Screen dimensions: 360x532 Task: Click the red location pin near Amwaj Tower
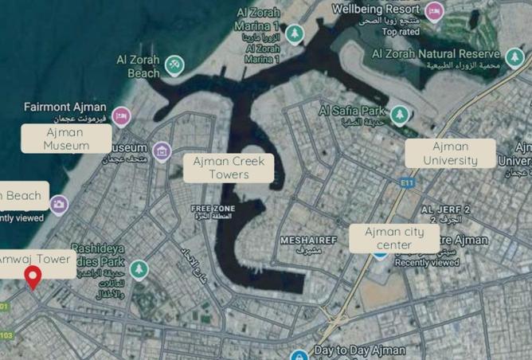33,277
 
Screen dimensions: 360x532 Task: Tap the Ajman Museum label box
66,139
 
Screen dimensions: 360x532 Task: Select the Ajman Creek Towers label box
229,168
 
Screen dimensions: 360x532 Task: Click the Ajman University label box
450,154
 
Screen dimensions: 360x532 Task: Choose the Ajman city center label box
393,238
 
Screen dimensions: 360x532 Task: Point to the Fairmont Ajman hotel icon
120,117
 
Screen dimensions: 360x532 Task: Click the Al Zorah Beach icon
175,65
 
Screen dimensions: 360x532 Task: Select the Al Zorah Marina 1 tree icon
295,33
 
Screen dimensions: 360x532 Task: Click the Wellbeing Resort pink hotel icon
434,11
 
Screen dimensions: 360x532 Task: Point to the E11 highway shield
409,182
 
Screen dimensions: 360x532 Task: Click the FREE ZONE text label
209,208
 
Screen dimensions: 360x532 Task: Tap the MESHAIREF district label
310,239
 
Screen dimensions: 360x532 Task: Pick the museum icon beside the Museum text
162,151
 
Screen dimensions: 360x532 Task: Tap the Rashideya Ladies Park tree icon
139,270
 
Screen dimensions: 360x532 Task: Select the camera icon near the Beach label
58,205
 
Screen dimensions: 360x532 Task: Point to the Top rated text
400,32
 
